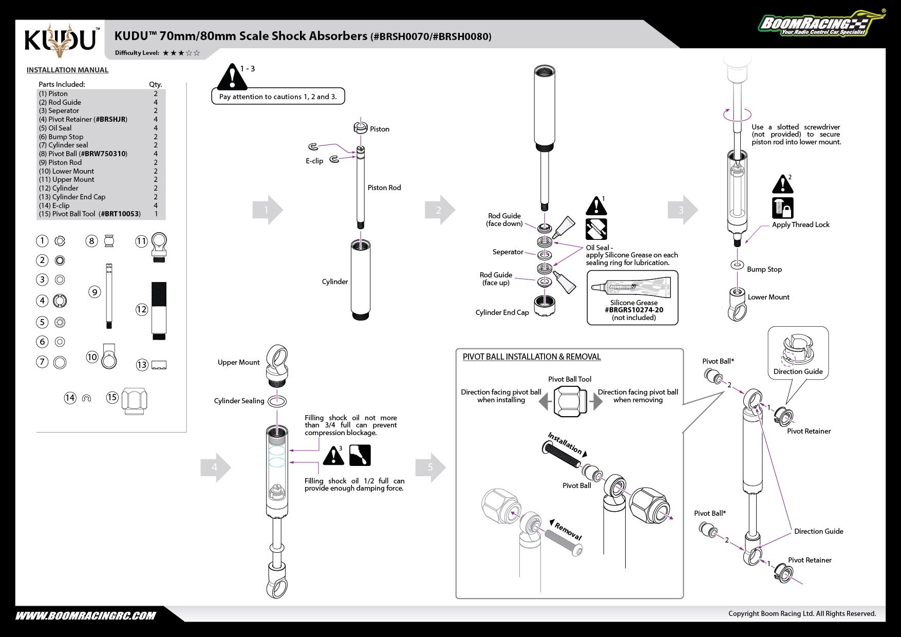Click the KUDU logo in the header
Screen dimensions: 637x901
click(x=61, y=40)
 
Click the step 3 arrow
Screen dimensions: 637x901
click(x=683, y=210)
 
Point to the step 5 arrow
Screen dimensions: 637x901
click(x=431, y=467)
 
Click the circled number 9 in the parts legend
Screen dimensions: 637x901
click(x=95, y=292)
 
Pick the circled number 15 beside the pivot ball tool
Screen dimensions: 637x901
click(x=112, y=397)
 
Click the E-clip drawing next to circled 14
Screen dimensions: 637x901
click(x=86, y=398)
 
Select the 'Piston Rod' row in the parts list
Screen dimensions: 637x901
click(x=60, y=162)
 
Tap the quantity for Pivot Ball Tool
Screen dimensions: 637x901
click(x=156, y=214)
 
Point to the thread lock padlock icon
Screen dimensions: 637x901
click(x=782, y=208)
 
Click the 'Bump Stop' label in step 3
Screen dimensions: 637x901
click(x=764, y=269)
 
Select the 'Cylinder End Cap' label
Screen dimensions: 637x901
click(x=502, y=312)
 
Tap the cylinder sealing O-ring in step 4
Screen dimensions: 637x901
click(x=277, y=401)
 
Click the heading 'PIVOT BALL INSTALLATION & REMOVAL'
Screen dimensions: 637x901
click(x=532, y=357)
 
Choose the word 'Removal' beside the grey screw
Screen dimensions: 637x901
click(x=568, y=531)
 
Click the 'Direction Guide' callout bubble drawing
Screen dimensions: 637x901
click(x=798, y=353)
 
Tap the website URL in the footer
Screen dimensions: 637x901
click(x=86, y=616)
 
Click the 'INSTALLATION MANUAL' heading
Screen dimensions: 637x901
click(x=67, y=70)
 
